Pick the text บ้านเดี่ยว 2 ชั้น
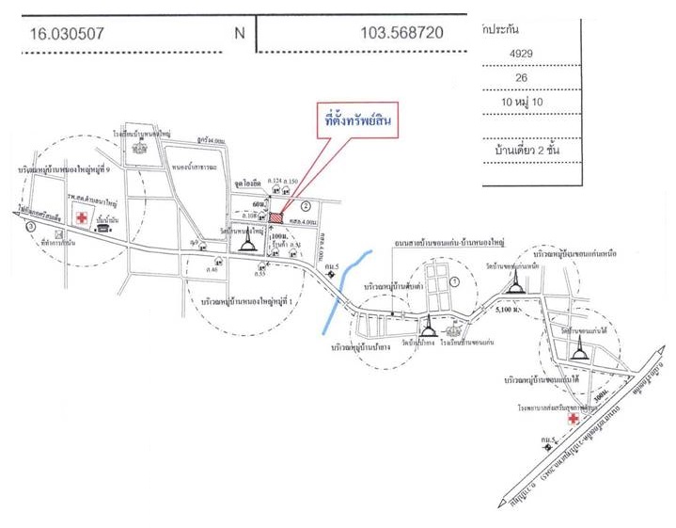pyautogui.click(x=554, y=148)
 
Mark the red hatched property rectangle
pyautogui.click(x=277, y=216)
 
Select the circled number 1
pyautogui.click(x=455, y=281)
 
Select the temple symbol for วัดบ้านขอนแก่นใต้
pyautogui.click(x=577, y=351)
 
